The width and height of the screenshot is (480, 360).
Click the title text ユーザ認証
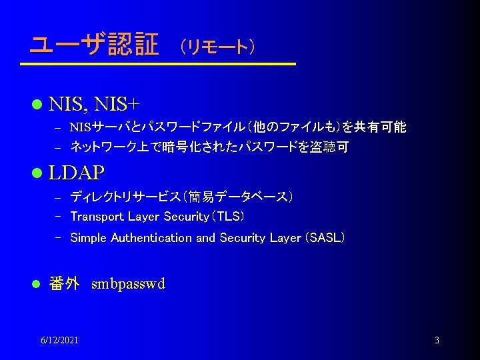(93, 45)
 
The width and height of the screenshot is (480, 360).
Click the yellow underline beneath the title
(157, 64)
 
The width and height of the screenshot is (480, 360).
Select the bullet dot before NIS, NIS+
(37, 104)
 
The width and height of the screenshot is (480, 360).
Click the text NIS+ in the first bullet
(118, 104)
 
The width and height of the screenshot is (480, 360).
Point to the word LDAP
(77, 173)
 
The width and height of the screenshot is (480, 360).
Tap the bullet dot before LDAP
(37, 173)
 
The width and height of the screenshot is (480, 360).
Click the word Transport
(97, 217)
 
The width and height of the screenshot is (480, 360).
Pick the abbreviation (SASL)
(324, 237)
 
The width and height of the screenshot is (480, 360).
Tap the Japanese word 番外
(65, 284)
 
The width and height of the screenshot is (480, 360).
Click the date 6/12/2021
(59, 341)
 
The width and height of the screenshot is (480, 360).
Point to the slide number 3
(437, 341)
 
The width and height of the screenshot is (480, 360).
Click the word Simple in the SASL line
(89, 237)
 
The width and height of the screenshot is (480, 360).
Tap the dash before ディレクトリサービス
(58, 197)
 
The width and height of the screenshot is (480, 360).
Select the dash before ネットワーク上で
(58, 147)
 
